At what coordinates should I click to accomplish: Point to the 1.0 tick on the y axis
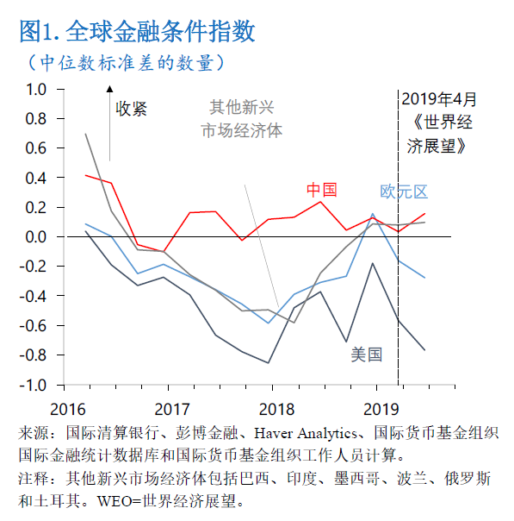tap(35, 89)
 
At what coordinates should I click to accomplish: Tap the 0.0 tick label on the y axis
tap(35, 236)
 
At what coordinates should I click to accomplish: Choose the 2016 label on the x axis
tap(68, 407)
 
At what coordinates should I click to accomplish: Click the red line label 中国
tap(322, 190)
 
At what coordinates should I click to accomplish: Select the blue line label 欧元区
tap(404, 191)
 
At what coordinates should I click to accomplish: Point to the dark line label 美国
tap(366, 354)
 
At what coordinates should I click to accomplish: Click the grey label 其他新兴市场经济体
tap(242, 118)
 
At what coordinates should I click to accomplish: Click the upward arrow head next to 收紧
tap(109, 88)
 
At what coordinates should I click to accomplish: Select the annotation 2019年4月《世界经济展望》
tap(437, 122)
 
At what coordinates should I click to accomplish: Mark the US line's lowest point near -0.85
tap(269, 363)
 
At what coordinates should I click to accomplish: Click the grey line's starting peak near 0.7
tap(86, 134)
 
